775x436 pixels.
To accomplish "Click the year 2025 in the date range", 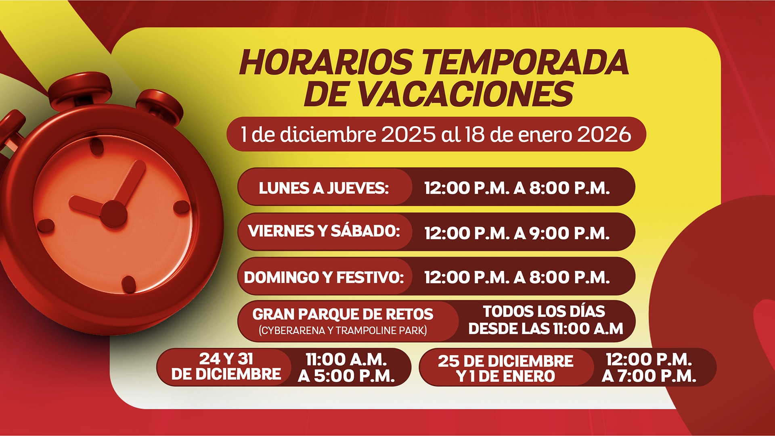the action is pyautogui.click(x=408, y=134).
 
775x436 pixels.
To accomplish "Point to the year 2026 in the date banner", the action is pyautogui.click(x=604, y=134).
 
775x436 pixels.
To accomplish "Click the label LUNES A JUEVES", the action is pyautogui.click(x=324, y=188).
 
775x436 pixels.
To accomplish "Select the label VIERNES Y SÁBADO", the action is pyautogui.click(x=324, y=231).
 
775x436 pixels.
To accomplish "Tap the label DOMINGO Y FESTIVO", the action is pyautogui.click(x=324, y=277).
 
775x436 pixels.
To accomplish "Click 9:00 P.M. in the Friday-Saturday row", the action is pyautogui.click(x=569, y=233).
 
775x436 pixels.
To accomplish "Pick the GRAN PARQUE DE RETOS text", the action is pyautogui.click(x=343, y=314).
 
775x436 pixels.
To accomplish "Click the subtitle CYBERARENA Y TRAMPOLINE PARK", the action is pyautogui.click(x=343, y=330).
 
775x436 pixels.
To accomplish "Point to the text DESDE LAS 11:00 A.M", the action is pyautogui.click(x=546, y=329).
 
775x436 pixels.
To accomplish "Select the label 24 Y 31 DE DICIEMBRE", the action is pyautogui.click(x=226, y=366).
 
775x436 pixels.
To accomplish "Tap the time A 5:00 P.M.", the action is pyautogui.click(x=346, y=376).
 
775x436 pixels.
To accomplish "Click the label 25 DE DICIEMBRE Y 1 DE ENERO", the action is pyautogui.click(x=505, y=369).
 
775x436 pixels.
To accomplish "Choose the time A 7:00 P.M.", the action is pyautogui.click(x=649, y=376).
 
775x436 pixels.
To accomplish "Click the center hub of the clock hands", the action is pyautogui.click(x=113, y=214).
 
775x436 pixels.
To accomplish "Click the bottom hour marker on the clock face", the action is pyautogui.click(x=129, y=284).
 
